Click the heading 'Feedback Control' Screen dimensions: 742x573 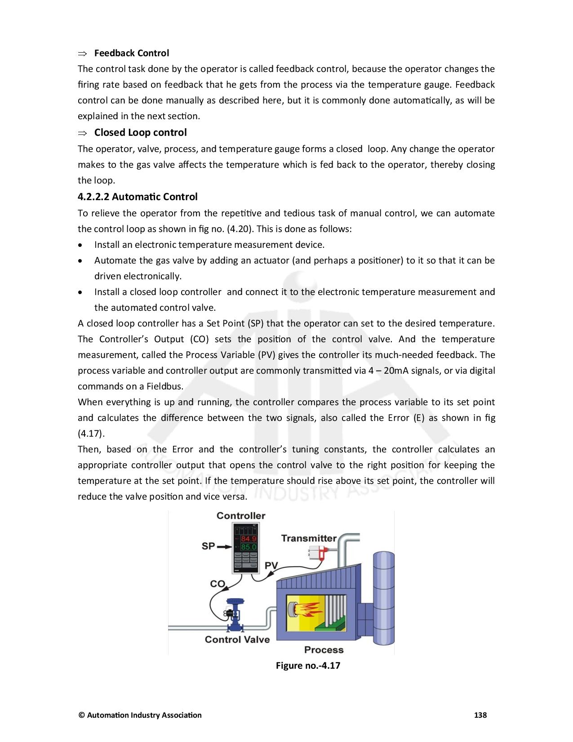click(x=131, y=53)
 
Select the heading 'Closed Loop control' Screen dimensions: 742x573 click(x=140, y=133)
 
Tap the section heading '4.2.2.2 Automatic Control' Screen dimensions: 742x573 click(x=138, y=197)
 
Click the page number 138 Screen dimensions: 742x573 click(x=480, y=715)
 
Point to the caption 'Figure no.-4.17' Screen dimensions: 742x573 click(x=308, y=666)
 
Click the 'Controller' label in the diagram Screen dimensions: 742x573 click(x=241, y=516)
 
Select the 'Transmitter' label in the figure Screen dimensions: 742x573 click(x=309, y=538)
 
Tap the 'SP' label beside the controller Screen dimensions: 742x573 click(x=208, y=546)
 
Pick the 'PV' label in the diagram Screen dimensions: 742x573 click(x=271, y=566)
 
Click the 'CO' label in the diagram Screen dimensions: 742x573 click(x=218, y=584)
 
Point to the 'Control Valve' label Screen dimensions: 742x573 click(x=237, y=639)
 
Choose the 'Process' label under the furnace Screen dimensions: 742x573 click(x=324, y=650)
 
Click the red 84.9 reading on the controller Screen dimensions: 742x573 click(x=249, y=539)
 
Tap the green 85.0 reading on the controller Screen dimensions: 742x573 click(x=249, y=547)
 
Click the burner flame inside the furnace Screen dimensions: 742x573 click(x=308, y=610)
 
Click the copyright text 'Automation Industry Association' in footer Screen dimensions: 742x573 click(x=144, y=715)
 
